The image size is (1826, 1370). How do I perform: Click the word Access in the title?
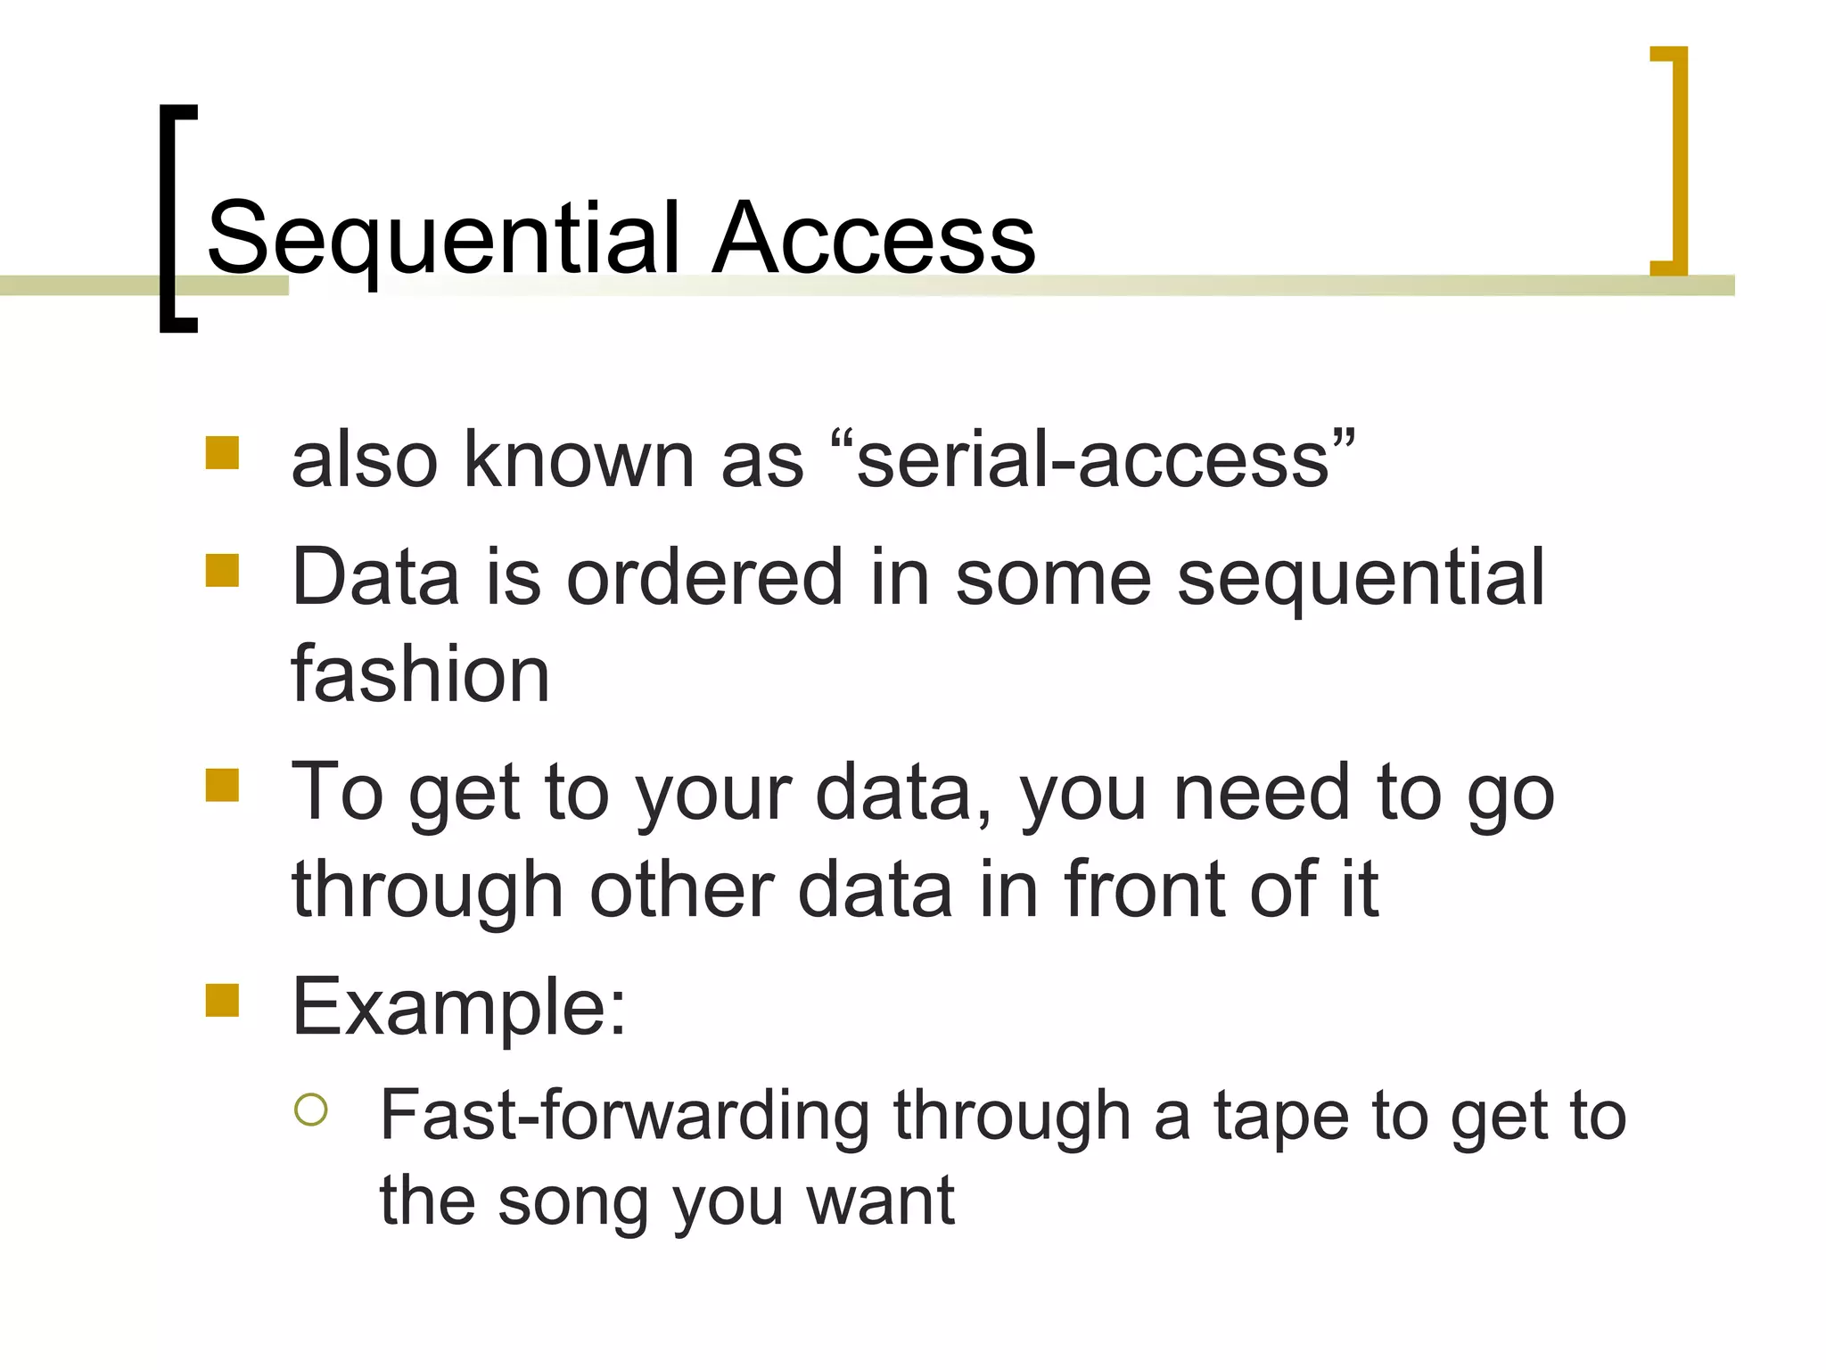873,239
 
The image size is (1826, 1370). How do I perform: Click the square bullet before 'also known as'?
222,452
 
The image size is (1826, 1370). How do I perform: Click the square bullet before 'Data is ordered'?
222,570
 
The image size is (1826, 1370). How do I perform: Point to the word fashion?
420,674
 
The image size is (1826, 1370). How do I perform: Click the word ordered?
704,578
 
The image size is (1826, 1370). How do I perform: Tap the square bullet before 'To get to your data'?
222,785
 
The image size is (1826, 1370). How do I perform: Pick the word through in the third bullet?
427,892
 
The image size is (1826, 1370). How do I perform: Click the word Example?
459,1008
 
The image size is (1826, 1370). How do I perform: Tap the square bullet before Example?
222,1000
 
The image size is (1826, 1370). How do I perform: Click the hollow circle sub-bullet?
310,1110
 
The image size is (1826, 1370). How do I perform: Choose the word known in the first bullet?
578,460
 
